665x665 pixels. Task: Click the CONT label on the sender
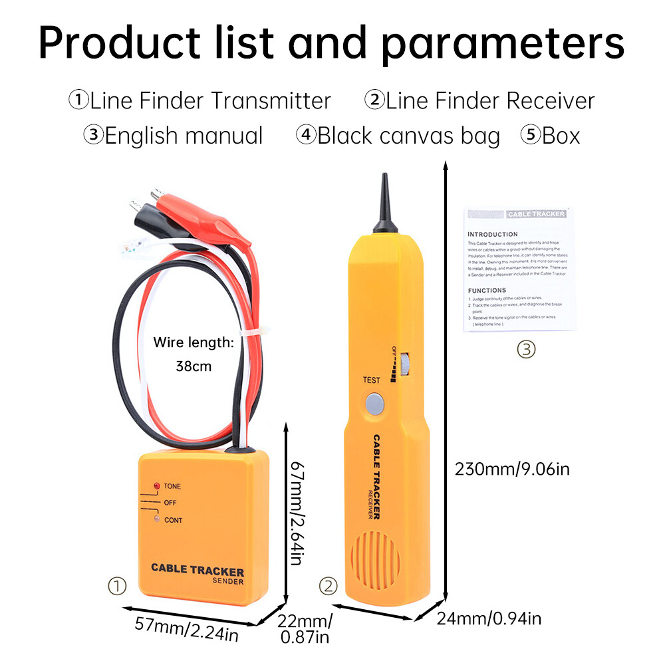[173, 520]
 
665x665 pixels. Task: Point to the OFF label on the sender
[170, 503]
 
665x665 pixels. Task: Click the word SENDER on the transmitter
[228, 581]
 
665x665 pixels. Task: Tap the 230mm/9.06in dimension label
[512, 469]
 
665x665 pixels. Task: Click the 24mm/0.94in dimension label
[489, 619]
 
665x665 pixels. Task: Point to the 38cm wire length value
[193, 366]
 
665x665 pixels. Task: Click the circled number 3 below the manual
[526, 348]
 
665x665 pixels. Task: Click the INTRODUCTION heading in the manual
[493, 235]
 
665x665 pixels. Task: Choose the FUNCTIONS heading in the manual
[487, 291]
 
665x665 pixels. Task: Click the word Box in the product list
[561, 136]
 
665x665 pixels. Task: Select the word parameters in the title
[503, 44]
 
